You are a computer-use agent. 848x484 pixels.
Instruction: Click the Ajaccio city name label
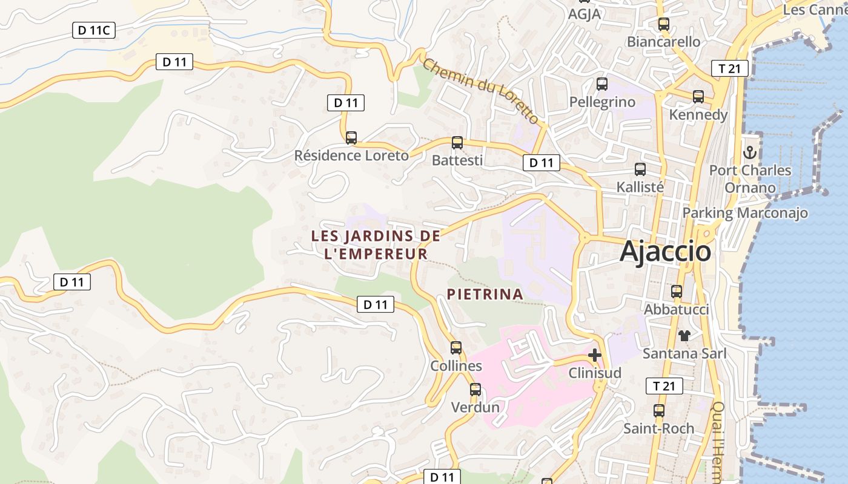pyautogui.click(x=665, y=251)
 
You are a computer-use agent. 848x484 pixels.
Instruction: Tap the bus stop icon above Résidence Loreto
pyautogui.click(x=351, y=138)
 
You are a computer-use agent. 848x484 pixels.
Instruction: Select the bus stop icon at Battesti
pyautogui.click(x=457, y=143)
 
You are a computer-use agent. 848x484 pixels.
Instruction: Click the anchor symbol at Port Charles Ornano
pyautogui.click(x=750, y=152)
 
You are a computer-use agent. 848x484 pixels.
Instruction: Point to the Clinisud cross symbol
pyautogui.click(x=595, y=355)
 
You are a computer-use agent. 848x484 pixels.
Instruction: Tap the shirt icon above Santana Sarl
pyautogui.click(x=684, y=335)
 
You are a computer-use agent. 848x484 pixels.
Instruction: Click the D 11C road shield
pyautogui.click(x=94, y=30)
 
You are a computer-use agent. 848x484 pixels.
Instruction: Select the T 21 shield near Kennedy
pyautogui.click(x=730, y=69)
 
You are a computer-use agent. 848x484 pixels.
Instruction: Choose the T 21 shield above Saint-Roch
pyautogui.click(x=664, y=386)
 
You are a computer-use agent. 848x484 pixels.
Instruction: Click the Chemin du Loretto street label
pyautogui.click(x=480, y=91)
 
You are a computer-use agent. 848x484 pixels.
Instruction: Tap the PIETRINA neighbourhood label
pyautogui.click(x=485, y=294)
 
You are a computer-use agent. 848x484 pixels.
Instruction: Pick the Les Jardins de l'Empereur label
pyautogui.click(x=376, y=245)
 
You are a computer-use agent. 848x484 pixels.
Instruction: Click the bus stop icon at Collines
pyautogui.click(x=456, y=348)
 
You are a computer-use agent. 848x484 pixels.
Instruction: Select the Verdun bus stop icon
pyautogui.click(x=475, y=390)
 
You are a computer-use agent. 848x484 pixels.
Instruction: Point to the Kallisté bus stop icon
pyautogui.click(x=640, y=169)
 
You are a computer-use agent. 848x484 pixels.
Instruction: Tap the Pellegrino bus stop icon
pyautogui.click(x=602, y=84)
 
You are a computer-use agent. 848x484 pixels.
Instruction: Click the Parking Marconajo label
pyautogui.click(x=745, y=213)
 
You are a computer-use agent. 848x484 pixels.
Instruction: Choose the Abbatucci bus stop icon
pyautogui.click(x=677, y=292)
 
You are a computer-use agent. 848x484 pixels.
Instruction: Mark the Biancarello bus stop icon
pyautogui.click(x=664, y=24)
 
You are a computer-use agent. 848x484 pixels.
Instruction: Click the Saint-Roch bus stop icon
pyautogui.click(x=659, y=411)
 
